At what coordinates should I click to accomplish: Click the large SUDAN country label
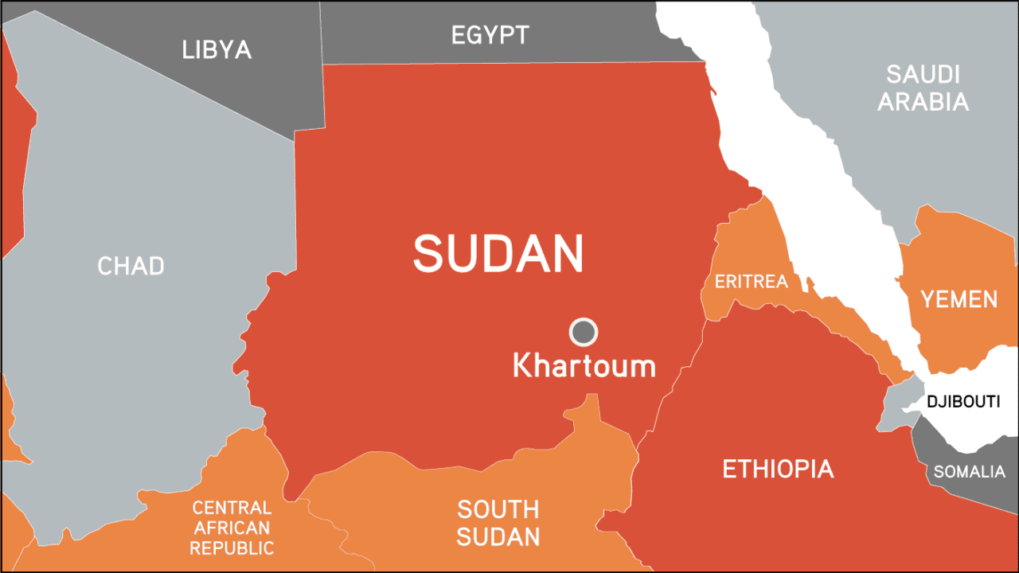coord(498,253)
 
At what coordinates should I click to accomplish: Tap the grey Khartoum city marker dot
coord(584,331)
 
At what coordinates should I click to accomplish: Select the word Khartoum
coord(584,366)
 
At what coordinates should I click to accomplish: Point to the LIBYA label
coord(217,49)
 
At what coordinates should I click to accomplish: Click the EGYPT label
coord(490,35)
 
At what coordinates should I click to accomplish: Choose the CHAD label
coord(131,265)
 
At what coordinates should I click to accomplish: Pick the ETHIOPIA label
coord(777,469)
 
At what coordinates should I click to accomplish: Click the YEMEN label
coord(958,299)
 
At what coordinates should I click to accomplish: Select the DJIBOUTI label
coord(962,401)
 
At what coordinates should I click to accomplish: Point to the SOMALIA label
coord(969,472)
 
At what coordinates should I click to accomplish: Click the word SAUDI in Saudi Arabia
coord(923,75)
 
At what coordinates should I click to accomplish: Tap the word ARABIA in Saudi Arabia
coord(923,102)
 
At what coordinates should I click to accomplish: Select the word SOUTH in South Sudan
coord(498,509)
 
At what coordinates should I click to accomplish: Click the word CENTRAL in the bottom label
coord(232,508)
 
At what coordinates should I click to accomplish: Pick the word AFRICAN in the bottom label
coord(232,528)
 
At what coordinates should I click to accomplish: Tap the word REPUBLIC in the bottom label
coord(232,548)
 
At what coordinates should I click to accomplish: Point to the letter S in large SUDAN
coord(428,253)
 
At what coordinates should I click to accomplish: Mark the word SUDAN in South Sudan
coord(498,536)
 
